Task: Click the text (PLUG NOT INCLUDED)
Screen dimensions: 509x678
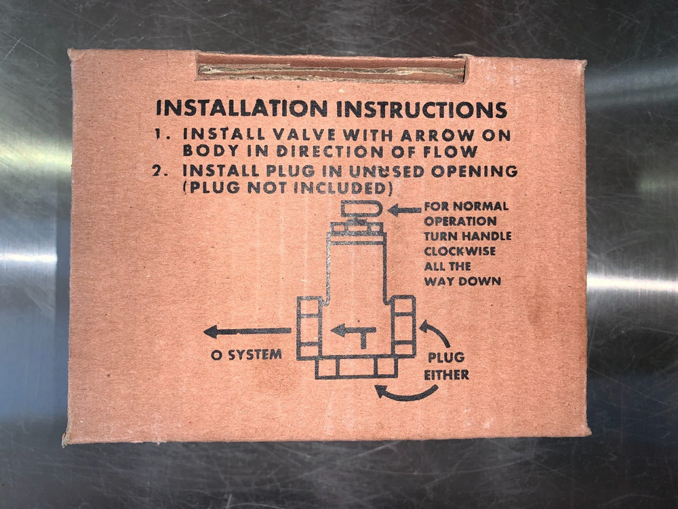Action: coord(288,188)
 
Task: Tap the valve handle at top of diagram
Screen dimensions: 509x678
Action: coord(361,209)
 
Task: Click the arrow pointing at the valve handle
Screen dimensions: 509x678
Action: coord(404,210)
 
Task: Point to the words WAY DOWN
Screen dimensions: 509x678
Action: coord(462,281)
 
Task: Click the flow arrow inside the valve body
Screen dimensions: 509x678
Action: coord(353,333)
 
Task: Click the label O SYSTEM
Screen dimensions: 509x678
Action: coord(245,354)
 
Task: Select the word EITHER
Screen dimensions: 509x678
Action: coord(445,375)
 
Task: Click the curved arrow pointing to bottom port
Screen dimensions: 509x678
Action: coord(405,392)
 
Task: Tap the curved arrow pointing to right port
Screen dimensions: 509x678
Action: coord(435,333)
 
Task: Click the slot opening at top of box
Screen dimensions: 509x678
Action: coord(331,68)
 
